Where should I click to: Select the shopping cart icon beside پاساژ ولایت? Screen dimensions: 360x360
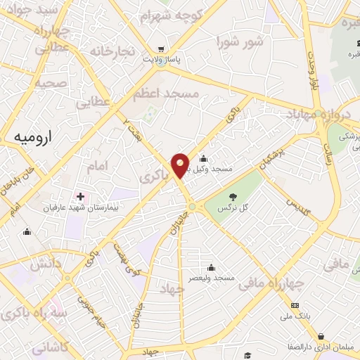[162, 49]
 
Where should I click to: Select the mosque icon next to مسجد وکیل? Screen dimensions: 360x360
[203, 158]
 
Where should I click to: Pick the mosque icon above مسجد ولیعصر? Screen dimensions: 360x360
[211, 266]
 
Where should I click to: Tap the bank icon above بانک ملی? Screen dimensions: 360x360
[295, 304]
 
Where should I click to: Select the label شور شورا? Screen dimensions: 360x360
[245, 41]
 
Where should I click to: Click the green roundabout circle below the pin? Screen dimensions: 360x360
[191, 207]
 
